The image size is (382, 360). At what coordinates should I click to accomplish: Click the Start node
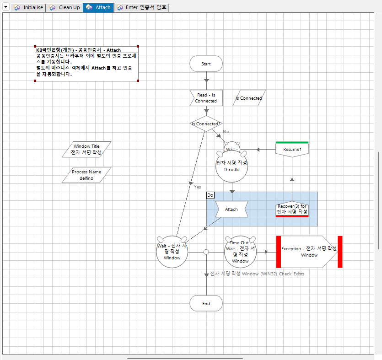tap(206, 64)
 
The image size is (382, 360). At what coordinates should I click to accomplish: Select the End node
tap(206, 303)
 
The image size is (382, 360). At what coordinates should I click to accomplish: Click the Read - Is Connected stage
tap(206, 98)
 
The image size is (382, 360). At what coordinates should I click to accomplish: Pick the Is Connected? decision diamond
tap(206, 124)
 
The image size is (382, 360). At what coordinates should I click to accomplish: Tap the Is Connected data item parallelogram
tap(249, 98)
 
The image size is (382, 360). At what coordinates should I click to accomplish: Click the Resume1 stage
tap(292, 150)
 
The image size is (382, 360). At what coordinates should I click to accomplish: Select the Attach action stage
tap(231, 210)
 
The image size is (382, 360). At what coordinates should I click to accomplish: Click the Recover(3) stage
tap(292, 209)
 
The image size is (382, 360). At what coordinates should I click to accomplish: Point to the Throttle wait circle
tap(231, 166)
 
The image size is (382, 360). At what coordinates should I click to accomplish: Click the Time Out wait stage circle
tap(240, 252)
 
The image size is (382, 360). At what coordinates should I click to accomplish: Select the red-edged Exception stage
tap(309, 252)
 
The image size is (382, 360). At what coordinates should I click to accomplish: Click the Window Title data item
tap(86, 149)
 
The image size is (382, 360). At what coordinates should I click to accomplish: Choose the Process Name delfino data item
tap(86, 175)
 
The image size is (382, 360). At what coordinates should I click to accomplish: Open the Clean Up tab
tap(65, 8)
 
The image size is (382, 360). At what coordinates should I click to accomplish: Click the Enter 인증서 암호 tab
tap(142, 8)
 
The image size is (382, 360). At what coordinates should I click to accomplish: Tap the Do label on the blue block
tap(210, 195)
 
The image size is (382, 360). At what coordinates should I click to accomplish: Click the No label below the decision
tap(226, 132)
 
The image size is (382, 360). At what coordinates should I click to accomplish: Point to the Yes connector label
tap(197, 187)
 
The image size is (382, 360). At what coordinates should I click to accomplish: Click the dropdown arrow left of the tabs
tap(6, 7)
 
